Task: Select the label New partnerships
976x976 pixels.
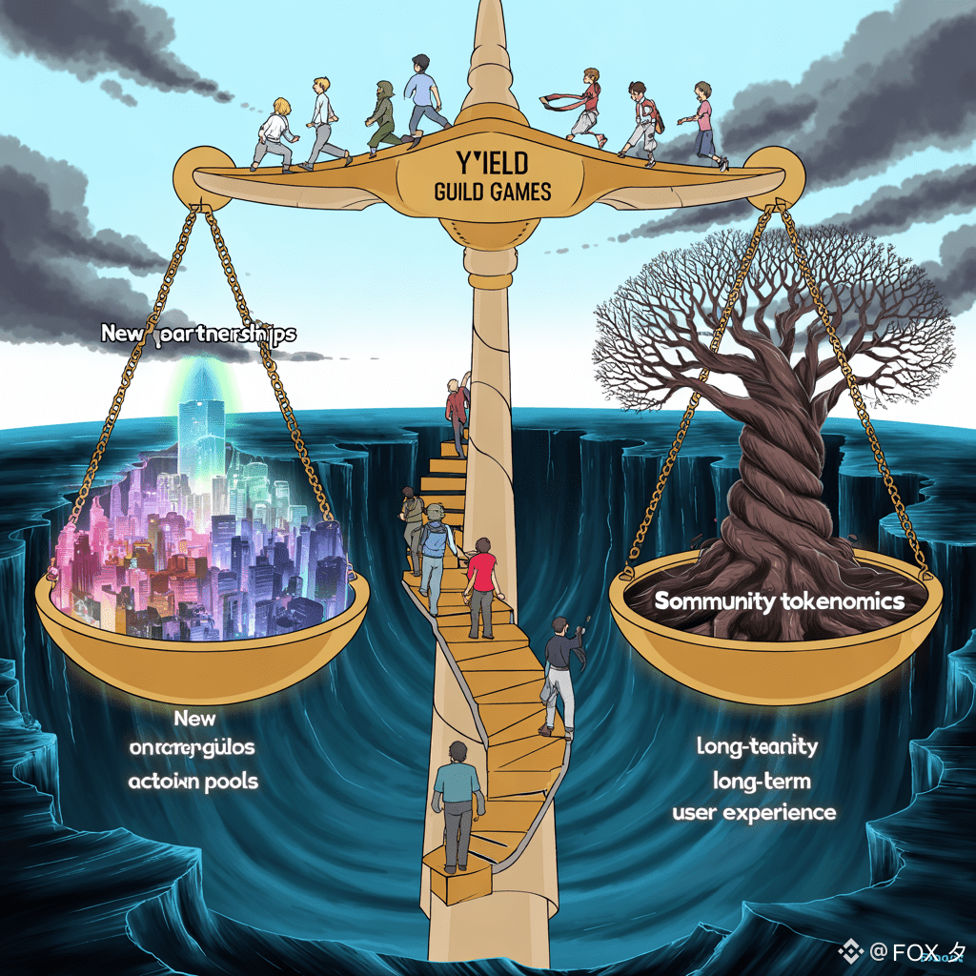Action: click(x=198, y=335)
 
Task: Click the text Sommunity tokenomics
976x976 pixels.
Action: click(x=779, y=600)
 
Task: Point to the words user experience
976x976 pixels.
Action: click(x=754, y=813)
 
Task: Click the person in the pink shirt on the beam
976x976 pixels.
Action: click(x=703, y=124)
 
